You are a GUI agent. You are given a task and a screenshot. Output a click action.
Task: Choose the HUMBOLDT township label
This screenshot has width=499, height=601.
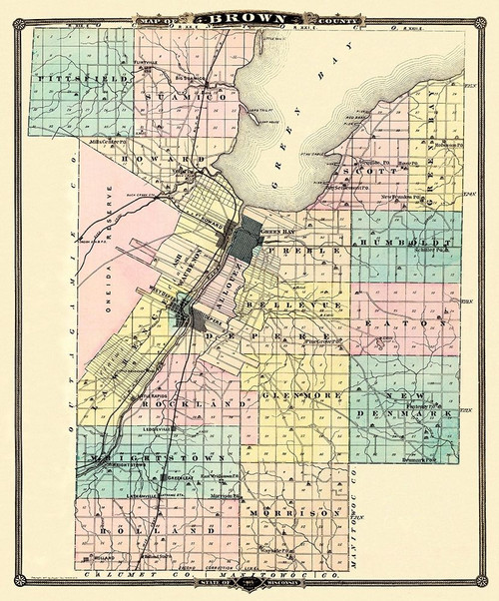tap(406, 243)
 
